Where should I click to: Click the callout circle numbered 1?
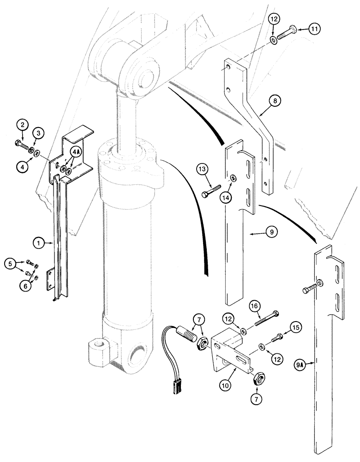tap(39, 242)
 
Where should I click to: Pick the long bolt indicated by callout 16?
tap(264, 321)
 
